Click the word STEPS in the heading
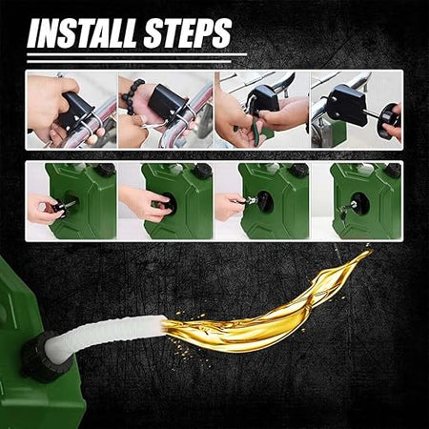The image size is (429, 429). coord(188,33)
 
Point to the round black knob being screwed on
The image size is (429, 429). coord(386,121)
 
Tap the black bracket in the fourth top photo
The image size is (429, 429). coord(347,104)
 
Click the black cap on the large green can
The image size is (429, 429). coord(42,355)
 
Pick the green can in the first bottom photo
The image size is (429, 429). coord(83,201)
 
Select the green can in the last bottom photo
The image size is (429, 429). coord(365,201)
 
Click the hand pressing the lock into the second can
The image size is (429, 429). coord(145,203)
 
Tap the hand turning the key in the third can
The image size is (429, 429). coord(231,207)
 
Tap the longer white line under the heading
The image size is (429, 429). coord(137,54)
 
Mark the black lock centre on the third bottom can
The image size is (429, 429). coord(264,201)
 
